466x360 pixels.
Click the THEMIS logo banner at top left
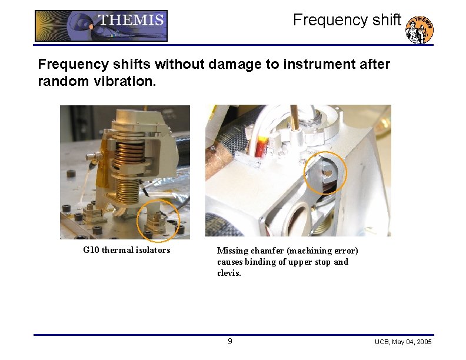[101, 26]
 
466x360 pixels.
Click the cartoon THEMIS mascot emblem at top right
[420, 29]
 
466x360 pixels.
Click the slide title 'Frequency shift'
[347, 20]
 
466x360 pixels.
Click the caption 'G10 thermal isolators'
[127, 250]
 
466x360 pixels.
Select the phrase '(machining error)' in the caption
[322, 251]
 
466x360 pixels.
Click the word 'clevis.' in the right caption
[229, 273]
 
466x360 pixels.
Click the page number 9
[230, 342]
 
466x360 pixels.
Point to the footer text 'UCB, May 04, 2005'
[403, 342]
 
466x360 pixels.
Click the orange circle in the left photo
[158, 221]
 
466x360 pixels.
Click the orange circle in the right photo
[325, 173]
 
